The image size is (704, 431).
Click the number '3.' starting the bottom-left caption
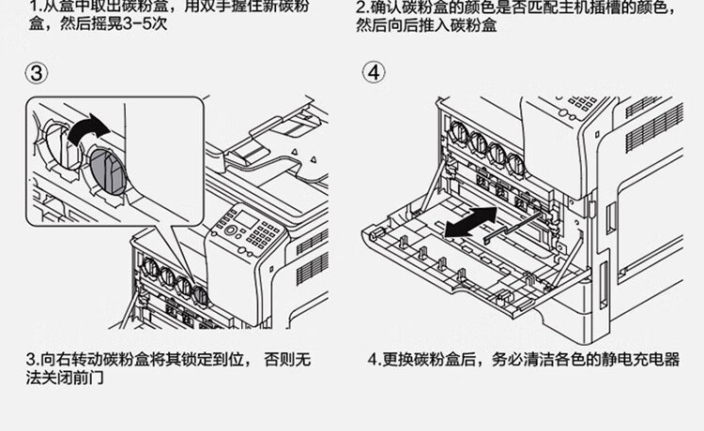click(x=30, y=360)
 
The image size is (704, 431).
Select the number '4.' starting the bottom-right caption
click(x=372, y=360)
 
